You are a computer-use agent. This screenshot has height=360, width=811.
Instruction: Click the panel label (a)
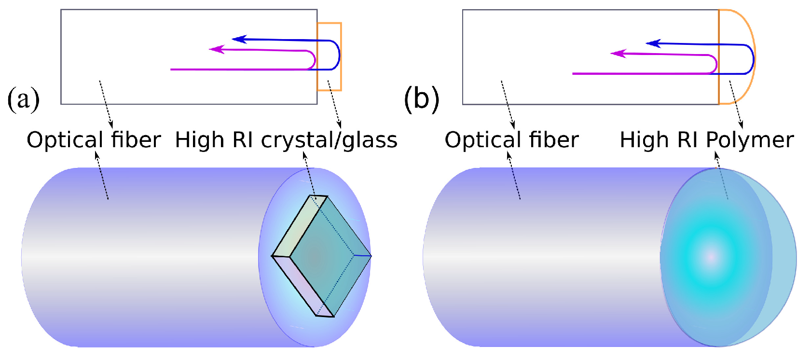23,99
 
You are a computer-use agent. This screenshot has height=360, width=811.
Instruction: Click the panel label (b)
421,99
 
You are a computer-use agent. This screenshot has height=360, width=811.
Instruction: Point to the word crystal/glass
329,140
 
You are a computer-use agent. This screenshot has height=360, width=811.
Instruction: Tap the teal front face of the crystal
328,256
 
